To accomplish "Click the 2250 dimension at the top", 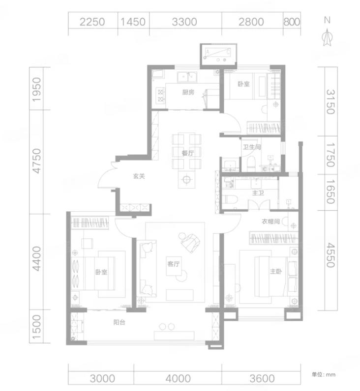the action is (x=92, y=22).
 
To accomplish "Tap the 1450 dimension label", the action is (x=133, y=22).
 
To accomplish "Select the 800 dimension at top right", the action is (x=292, y=22).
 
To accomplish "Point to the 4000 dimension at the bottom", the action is (x=178, y=379).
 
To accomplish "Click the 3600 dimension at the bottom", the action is (x=262, y=379).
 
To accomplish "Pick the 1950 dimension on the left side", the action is (x=36, y=89).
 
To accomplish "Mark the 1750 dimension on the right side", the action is (x=330, y=155).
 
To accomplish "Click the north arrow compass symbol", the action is (x=327, y=37).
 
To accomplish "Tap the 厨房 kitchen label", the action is (x=188, y=92).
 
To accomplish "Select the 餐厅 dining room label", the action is (x=188, y=153).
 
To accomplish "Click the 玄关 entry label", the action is (x=139, y=176).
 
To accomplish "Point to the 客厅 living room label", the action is (x=173, y=264).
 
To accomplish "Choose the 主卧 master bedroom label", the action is (x=276, y=271).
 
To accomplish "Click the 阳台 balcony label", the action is (x=119, y=322).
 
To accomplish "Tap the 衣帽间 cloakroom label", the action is (x=270, y=222).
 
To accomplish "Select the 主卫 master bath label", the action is (x=258, y=193).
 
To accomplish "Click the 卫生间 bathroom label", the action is (x=252, y=147).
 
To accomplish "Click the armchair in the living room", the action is (x=190, y=242).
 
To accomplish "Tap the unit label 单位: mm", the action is (x=323, y=374).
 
